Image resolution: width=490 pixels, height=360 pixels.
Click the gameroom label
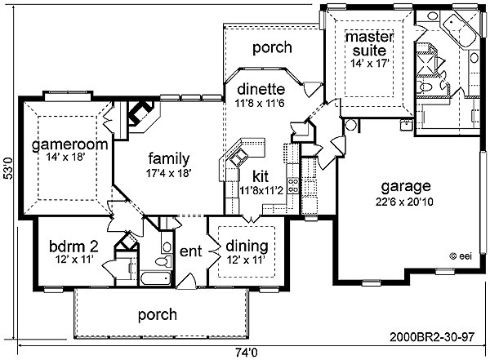pos(69,144)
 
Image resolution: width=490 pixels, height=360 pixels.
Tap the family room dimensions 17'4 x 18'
pos(168,173)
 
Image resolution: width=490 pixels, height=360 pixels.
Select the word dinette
pos(261,89)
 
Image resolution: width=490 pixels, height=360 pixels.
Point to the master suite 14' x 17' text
pos(370,64)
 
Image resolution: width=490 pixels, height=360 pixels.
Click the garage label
pos(406,187)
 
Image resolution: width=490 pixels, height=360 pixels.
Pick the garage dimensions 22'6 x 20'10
pos(404,202)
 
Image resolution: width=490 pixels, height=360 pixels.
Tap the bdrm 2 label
pos(74,247)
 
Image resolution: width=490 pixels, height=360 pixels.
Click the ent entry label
pos(190,251)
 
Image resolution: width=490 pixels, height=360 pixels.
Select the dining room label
pos(247,247)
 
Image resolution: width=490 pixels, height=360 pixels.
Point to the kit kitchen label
pos(261,177)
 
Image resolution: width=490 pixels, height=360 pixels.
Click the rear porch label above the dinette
pos(272,48)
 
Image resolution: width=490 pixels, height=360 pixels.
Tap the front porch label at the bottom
pos(158,314)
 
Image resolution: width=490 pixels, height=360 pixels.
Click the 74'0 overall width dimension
pos(247,353)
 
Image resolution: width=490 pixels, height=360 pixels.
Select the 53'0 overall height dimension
pos(8,168)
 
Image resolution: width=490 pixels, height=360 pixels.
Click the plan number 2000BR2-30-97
pos(433,337)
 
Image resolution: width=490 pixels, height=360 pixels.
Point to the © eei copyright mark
pos(461,256)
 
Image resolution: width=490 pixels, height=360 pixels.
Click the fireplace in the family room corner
pos(140,113)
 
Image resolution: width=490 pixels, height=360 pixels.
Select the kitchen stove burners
pos(294,185)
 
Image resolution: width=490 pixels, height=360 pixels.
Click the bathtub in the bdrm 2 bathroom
pos(156,278)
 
